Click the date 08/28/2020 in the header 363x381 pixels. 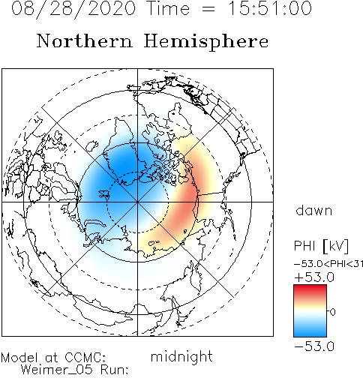pyautogui.click(x=73, y=9)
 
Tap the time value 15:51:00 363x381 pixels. pyautogui.click(x=270, y=8)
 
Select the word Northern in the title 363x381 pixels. pyautogui.click(x=85, y=40)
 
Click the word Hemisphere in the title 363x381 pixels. pyautogui.click(x=206, y=42)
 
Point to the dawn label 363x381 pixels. pyautogui.click(x=314, y=210)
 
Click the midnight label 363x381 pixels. pyautogui.click(x=181, y=356)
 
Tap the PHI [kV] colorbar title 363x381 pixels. pyautogui.click(x=321, y=246)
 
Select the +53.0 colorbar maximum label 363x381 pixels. pyautogui.click(x=314, y=277)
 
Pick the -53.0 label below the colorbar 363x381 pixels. pyautogui.click(x=314, y=346)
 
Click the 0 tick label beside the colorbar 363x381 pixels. pyautogui.click(x=333, y=312)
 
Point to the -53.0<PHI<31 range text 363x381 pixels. pyautogui.click(x=328, y=264)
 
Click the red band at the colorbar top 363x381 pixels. pyautogui.click(x=310, y=291)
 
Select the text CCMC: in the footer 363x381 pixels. pyautogui.click(x=85, y=358)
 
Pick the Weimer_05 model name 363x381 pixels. pyautogui.click(x=57, y=370)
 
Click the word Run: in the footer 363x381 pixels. pyautogui.click(x=115, y=370)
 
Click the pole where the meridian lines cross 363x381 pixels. pyautogui.click(x=137, y=202)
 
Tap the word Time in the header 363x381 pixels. pyautogui.click(x=169, y=8)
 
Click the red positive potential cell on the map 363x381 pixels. pyautogui.click(x=186, y=200)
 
